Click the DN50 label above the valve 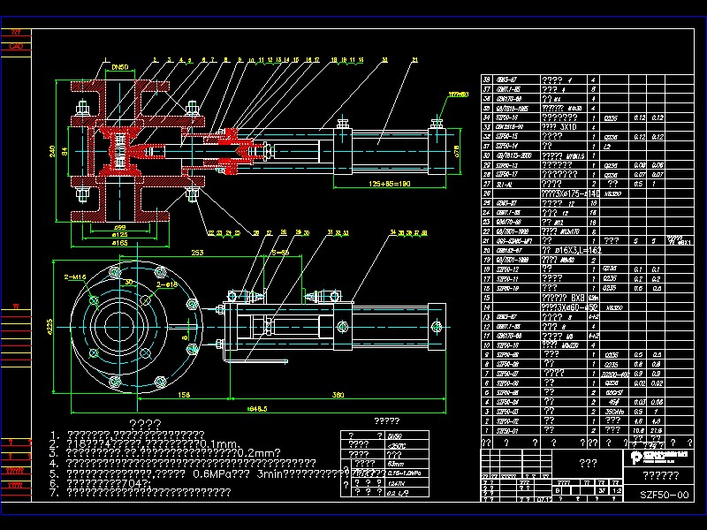[120, 66]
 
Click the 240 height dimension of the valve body [52, 151]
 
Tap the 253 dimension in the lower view [196, 253]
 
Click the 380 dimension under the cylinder [338, 394]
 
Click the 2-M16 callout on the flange [75, 277]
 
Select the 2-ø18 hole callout [167, 284]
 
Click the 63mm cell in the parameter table [396, 462]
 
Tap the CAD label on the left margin [15, 46]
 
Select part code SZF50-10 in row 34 [507, 117]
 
